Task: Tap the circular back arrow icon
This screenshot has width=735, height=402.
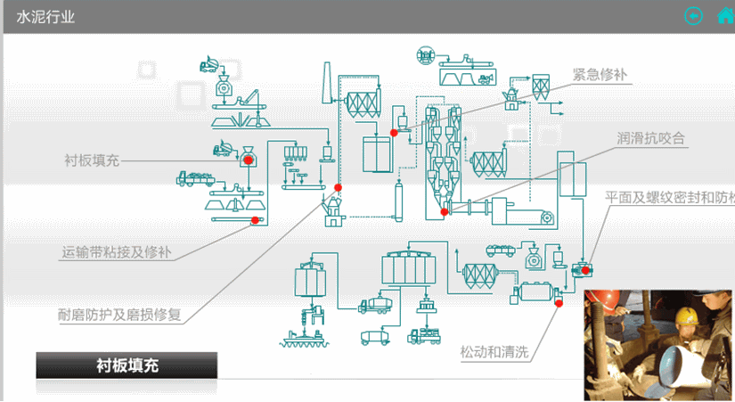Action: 693,16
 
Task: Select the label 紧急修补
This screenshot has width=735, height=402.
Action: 601,74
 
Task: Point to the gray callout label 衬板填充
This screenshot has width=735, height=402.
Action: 92,160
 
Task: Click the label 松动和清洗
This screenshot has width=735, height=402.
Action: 494,352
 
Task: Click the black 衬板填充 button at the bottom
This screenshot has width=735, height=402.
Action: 127,365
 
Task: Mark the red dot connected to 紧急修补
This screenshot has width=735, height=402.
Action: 394,133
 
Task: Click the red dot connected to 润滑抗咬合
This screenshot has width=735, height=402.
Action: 445,211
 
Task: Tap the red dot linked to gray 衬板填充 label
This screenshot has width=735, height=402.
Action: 249,160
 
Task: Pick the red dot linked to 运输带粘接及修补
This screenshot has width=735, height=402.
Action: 255,220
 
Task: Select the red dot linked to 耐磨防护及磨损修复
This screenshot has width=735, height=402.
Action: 338,187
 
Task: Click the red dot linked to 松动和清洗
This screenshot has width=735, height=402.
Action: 559,303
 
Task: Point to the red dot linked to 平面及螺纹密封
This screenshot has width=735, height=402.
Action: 584,267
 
